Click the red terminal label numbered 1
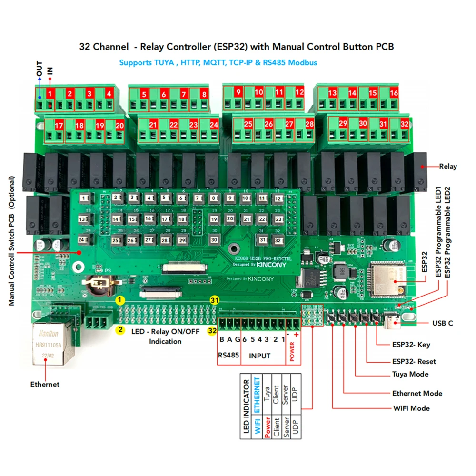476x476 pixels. pos(50,93)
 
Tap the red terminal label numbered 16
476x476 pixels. pos(394,93)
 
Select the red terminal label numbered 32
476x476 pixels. pos(405,124)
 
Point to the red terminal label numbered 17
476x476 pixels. pos(59,126)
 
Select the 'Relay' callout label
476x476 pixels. pos(447,166)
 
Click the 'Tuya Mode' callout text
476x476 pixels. pos(410,374)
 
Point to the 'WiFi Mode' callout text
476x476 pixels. pos(411,408)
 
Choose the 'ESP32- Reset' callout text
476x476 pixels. pos(414,361)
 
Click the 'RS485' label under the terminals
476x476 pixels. pos(228,356)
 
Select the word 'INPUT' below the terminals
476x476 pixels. pos(260,356)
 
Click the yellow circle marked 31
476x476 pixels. pos(215,300)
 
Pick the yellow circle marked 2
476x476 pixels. pos(121,329)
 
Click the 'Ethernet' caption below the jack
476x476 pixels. pos(45,384)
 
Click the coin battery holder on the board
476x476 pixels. pos(100,284)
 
